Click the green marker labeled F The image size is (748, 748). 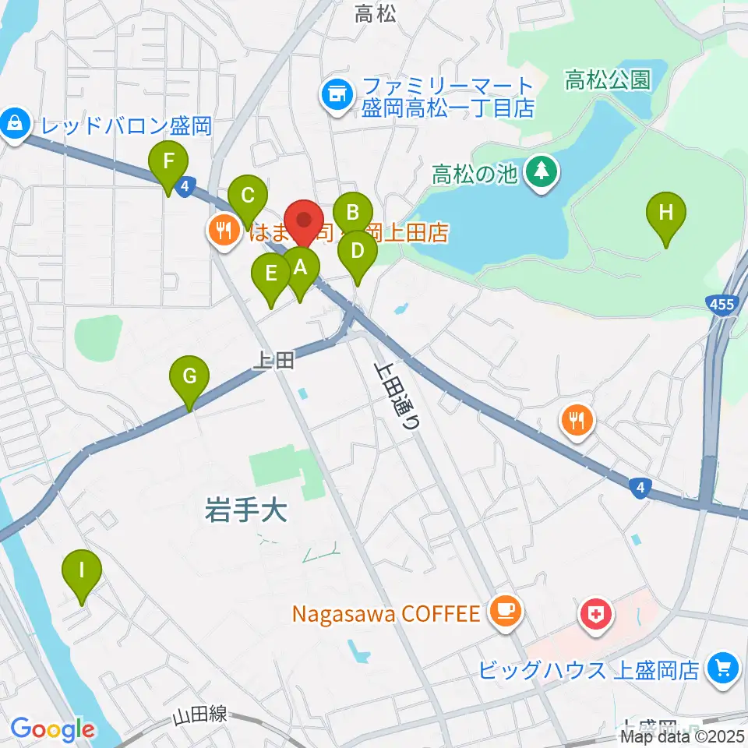coord(168,163)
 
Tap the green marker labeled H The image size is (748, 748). coord(666,213)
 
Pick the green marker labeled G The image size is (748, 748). coord(189,376)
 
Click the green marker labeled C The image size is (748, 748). coord(248,196)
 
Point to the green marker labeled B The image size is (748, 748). coord(352,211)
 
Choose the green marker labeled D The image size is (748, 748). coord(358,252)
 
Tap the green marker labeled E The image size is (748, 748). coord(270,273)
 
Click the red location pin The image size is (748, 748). coord(303,223)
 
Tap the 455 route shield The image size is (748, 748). coord(722,305)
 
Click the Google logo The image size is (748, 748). coord(52,729)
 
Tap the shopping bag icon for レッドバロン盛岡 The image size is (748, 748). coord(15,123)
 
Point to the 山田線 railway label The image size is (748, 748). coord(201,715)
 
